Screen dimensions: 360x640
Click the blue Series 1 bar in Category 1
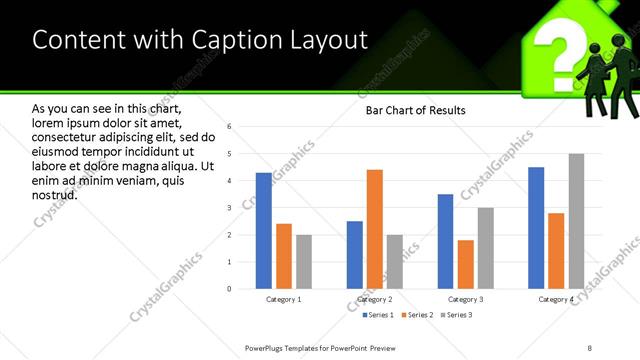point(264,231)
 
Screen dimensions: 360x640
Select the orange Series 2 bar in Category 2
point(375,229)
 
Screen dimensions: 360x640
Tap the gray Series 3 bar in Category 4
point(576,221)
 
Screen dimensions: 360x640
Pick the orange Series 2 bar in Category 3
point(465,264)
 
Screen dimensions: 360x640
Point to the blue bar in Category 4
point(536,228)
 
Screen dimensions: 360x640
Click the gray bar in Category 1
point(303,262)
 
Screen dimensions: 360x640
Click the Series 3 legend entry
point(455,315)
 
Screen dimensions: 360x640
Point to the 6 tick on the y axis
point(229,127)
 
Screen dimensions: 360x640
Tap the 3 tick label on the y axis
point(229,208)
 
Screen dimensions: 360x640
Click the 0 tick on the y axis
point(229,289)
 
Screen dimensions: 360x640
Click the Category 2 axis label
point(374,300)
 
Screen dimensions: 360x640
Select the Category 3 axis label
point(465,300)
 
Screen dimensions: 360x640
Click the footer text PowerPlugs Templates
point(290,347)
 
